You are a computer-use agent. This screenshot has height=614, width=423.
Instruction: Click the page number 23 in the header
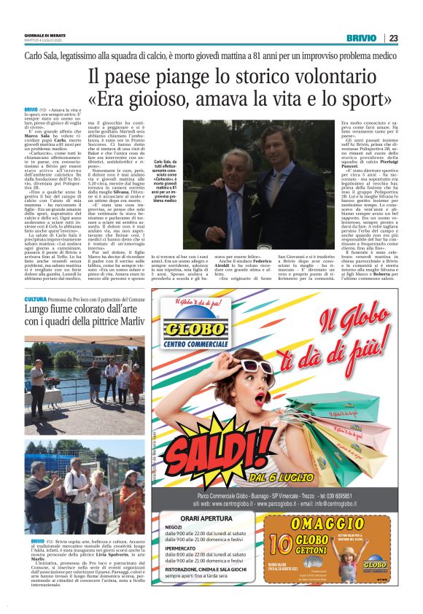tap(393, 38)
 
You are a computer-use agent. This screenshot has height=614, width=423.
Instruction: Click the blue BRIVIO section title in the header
tap(362, 38)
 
